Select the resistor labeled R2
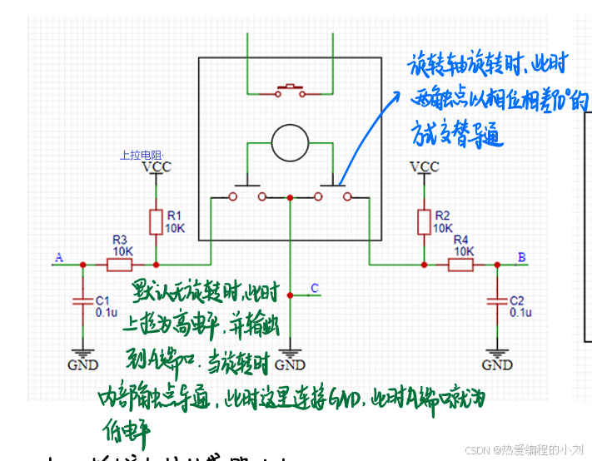point(423,222)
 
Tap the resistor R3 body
point(119,265)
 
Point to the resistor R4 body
point(460,265)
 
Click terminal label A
point(58,257)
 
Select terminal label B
point(522,257)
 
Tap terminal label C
point(314,289)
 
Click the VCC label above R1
point(156,167)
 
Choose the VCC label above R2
point(424,167)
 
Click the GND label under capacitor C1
point(82,364)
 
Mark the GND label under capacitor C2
point(497,364)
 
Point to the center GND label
point(290,364)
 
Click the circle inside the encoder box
point(290,143)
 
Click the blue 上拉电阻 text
point(142,155)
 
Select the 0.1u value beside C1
point(106,312)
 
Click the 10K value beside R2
point(443,227)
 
